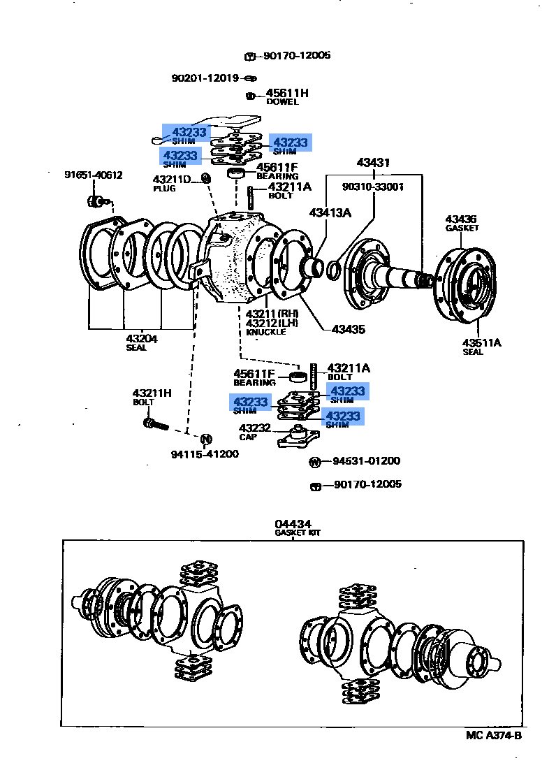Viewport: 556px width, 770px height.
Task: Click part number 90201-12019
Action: click(205, 78)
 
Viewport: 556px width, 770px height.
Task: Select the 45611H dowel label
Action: click(286, 93)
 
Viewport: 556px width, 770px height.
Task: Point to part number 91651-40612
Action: click(94, 175)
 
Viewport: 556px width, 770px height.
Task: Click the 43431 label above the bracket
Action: click(373, 163)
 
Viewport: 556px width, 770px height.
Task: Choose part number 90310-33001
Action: click(373, 187)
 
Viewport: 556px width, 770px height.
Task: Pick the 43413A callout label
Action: click(330, 212)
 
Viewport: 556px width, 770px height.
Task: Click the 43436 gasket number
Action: click(461, 219)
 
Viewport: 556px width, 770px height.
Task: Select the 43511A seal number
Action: click(482, 342)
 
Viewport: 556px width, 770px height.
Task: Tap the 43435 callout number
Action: click(349, 328)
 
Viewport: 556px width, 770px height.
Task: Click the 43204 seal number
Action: click(141, 338)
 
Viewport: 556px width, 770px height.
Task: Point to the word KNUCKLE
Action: click(266, 332)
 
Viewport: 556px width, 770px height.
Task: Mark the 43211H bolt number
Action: click(152, 393)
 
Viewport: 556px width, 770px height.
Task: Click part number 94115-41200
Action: click(205, 454)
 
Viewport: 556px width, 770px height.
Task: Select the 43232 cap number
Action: click(254, 428)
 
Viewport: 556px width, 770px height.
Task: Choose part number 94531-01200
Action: click(366, 460)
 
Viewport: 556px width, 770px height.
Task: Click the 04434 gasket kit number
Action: click(293, 523)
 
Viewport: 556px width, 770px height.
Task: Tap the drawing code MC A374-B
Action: click(494, 735)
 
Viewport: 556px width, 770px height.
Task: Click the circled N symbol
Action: click(206, 439)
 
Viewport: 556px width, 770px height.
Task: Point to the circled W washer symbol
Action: click(315, 461)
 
